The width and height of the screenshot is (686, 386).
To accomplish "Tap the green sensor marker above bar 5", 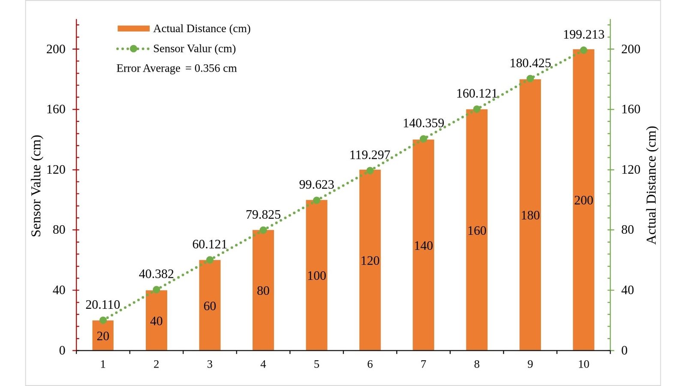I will pos(316,200).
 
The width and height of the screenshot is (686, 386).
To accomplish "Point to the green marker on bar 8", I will pos(477,109).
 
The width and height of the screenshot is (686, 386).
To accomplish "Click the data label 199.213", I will pos(583,35).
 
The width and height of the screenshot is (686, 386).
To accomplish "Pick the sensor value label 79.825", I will pos(263,214).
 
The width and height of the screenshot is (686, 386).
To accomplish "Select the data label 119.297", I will pos(370,155).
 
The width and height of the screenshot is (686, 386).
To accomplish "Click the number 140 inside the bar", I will pos(423,246).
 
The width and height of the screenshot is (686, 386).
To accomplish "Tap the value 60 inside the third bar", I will pos(210,306).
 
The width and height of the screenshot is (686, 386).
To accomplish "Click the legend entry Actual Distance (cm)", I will pos(202,29).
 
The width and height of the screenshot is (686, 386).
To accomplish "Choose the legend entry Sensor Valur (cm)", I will pos(194,48).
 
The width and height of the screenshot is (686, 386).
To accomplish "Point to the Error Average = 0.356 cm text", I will pos(176,69).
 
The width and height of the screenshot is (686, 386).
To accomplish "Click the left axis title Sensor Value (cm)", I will pos(36,185).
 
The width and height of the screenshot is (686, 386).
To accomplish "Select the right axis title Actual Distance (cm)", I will pos(651,185).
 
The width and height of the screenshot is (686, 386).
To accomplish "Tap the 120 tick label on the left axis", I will pos(56,169).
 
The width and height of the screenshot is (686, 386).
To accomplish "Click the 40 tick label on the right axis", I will pos(627,290).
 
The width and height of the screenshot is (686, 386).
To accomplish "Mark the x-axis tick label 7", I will pos(423,364).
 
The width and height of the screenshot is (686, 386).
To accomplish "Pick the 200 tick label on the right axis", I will pos(630,49).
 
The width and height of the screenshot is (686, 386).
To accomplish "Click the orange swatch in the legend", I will pos(133,29).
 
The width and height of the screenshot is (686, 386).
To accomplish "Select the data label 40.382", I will pos(156,274).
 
